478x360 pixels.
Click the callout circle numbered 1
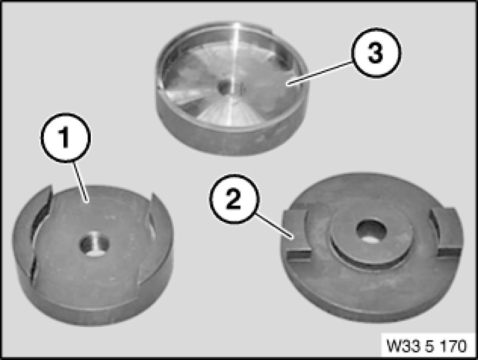tap(66, 138)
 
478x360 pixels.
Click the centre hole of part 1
tap(94, 244)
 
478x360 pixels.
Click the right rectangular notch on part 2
tap(446, 232)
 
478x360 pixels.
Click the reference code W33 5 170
tap(427, 346)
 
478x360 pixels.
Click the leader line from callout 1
tap(80, 182)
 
